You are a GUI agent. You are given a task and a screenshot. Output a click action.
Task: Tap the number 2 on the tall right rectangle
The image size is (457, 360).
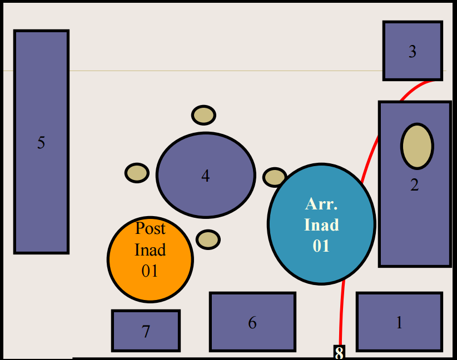point(414,185)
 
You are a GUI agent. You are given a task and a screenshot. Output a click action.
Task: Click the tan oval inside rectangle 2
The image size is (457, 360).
point(417,146)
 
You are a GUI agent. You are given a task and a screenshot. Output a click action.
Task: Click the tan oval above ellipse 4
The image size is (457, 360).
point(203,115)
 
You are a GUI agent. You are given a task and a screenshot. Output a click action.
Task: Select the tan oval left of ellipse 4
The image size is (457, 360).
point(137,173)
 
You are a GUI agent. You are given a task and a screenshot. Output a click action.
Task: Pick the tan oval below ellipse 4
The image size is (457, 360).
point(208,239)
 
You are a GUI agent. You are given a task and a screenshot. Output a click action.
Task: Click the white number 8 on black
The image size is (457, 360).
point(339,352)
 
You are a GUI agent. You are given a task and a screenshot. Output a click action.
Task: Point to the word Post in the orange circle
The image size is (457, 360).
point(150,228)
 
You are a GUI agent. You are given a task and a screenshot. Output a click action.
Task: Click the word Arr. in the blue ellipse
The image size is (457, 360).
point(321,203)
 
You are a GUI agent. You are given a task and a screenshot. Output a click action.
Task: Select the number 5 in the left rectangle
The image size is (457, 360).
point(41,143)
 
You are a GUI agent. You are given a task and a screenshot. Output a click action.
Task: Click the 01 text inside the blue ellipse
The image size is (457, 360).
point(321,246)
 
